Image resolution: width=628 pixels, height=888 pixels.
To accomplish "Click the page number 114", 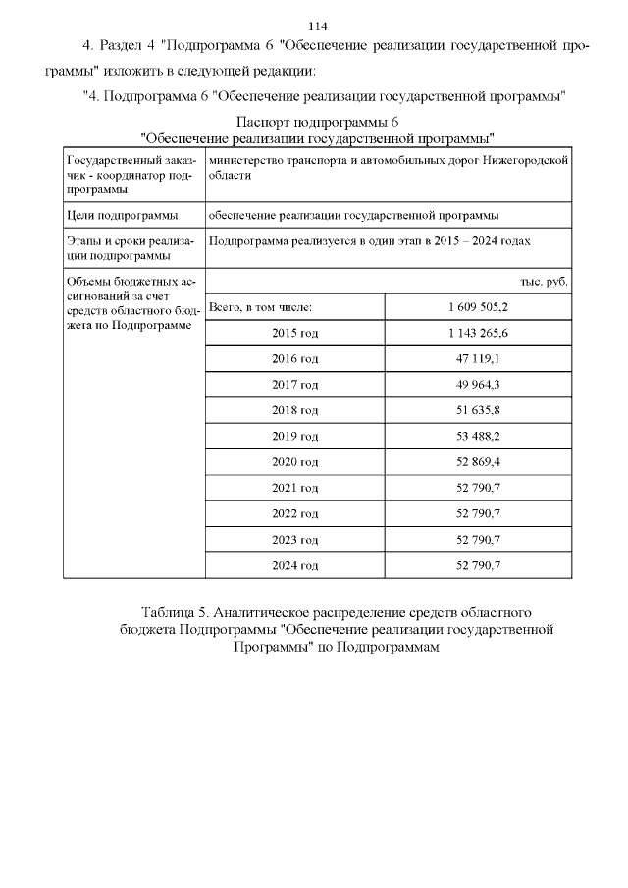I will click(x=317, y=26).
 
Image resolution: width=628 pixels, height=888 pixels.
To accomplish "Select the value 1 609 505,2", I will click(x=478, y=307).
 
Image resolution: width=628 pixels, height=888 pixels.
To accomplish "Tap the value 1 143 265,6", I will click(x=478, y=333).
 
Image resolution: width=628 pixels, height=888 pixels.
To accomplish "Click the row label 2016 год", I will click(x=294, y=359).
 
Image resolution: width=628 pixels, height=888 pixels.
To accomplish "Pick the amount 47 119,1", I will click(x=478, y=359).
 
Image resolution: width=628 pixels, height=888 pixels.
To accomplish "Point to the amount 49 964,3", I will click(x=478, y=385).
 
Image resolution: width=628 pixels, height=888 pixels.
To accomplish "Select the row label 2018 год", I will click(x=294, y=410).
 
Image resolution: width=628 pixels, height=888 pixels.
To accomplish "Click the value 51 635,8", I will click(x=478, y=410).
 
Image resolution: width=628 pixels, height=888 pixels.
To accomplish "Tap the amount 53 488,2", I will click(x=478, y=436).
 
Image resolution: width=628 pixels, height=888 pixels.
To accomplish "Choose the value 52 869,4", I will click(x=478, y=462).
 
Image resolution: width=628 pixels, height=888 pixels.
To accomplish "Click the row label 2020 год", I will click(x=294, y=462).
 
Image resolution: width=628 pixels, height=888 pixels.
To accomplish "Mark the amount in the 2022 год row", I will click(x=478, y=513).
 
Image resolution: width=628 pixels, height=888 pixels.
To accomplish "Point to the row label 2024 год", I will click(x=294, y=565).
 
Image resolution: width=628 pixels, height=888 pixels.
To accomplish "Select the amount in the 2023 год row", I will click(x=478, y=540).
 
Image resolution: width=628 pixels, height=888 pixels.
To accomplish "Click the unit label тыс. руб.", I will click(x=544, y=282).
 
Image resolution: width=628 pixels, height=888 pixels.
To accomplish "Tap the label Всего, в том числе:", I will click(x=260, y=307).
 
